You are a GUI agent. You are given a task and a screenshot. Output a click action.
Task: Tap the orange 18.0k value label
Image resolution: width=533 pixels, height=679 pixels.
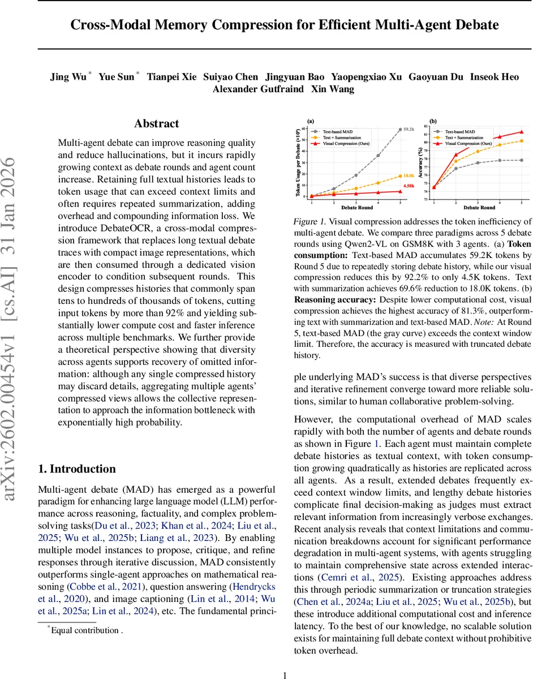tap(409, 176)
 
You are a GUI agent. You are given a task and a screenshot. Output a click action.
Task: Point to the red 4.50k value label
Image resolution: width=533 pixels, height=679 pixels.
tap(408, 186)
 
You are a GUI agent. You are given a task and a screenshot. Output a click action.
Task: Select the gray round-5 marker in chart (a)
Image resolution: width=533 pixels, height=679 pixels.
tap(400, 130)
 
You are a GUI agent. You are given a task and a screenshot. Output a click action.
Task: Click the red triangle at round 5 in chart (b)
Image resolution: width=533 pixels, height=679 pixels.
tap(521, 132)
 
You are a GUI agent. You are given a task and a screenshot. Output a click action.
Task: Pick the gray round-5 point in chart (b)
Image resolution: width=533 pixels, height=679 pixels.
tap(521, 160)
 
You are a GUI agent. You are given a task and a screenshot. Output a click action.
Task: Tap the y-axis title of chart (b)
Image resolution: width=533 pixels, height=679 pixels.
tap(419, 159)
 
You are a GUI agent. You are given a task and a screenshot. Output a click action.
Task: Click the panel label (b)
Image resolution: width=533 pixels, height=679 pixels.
tap(433, 121)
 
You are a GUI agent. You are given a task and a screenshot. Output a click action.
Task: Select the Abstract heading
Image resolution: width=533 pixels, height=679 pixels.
tap(157, 123)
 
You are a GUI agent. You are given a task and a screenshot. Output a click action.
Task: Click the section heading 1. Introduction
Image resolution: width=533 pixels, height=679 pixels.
tap(76, 469)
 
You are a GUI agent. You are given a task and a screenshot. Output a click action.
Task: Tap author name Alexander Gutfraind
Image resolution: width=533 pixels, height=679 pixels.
tap(258, 89)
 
